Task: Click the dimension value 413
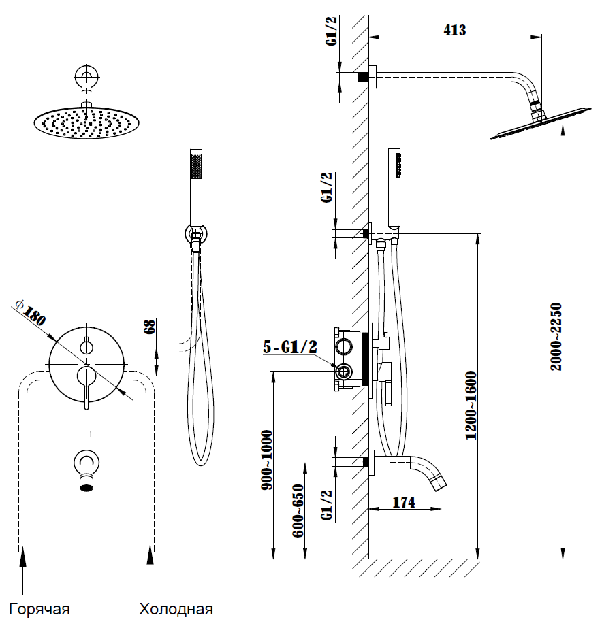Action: (454, 30)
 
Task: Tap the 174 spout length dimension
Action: (404, 503)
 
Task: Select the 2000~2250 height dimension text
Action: (556, 336)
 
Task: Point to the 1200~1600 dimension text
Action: (471, 406)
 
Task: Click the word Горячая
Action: (39, 608)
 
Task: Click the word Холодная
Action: (176, 608)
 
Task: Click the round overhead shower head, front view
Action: (83, 122)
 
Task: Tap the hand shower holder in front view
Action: (196, 235)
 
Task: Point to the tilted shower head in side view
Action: (538, 125)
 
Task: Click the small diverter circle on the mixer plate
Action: (86, 348)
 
